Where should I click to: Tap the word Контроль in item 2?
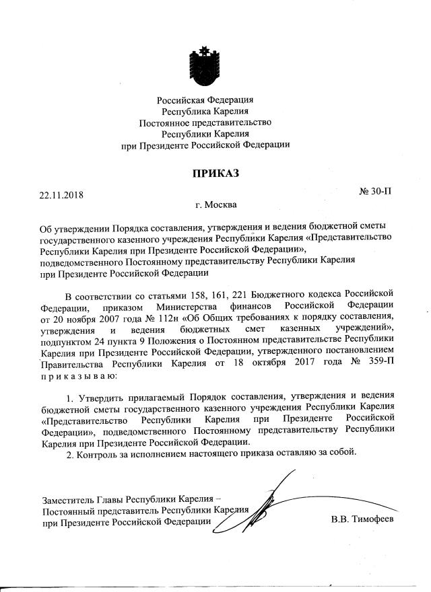(100, 451)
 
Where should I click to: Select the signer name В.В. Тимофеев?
(362, 519)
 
